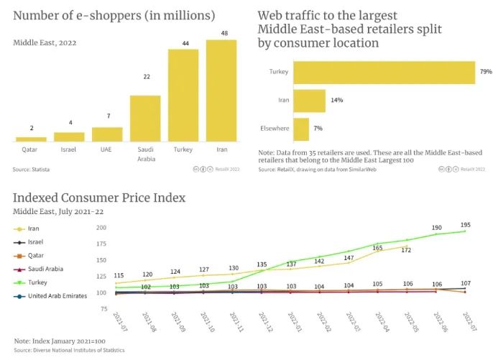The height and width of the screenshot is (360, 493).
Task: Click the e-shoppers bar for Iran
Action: [x=221, y=91]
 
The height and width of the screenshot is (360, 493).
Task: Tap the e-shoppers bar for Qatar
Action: [x=31, y=139]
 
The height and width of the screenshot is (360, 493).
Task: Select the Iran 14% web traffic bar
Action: [x=310, y=101]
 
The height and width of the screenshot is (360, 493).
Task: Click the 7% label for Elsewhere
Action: [x=318, y=129]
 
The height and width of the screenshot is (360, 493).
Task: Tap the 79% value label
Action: [x=485, y=72]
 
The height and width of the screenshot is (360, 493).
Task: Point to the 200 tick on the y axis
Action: [x=101, y=227]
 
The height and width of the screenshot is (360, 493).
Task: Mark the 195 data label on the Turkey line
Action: [x=466, y=225]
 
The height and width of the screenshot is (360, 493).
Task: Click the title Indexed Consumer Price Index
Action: [x=99, y=198]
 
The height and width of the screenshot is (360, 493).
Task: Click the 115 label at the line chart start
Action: [x=119, y=276]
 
